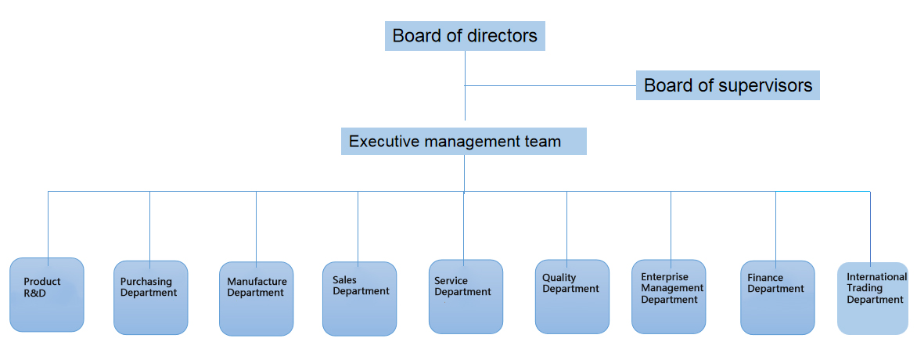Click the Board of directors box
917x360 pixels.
465,36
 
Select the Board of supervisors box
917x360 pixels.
728,85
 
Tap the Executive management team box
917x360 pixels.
464,142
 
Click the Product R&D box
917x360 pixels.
47,295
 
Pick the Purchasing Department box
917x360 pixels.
150,297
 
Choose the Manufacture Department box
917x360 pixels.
257,298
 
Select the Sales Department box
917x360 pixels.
359,298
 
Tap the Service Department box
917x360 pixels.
466,296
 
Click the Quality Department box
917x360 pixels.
572,296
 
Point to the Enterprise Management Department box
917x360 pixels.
668,297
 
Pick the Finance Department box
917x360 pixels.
777,297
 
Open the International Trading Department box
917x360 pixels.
874,298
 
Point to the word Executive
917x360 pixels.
384,142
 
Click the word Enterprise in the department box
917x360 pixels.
664,277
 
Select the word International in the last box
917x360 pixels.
876,277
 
